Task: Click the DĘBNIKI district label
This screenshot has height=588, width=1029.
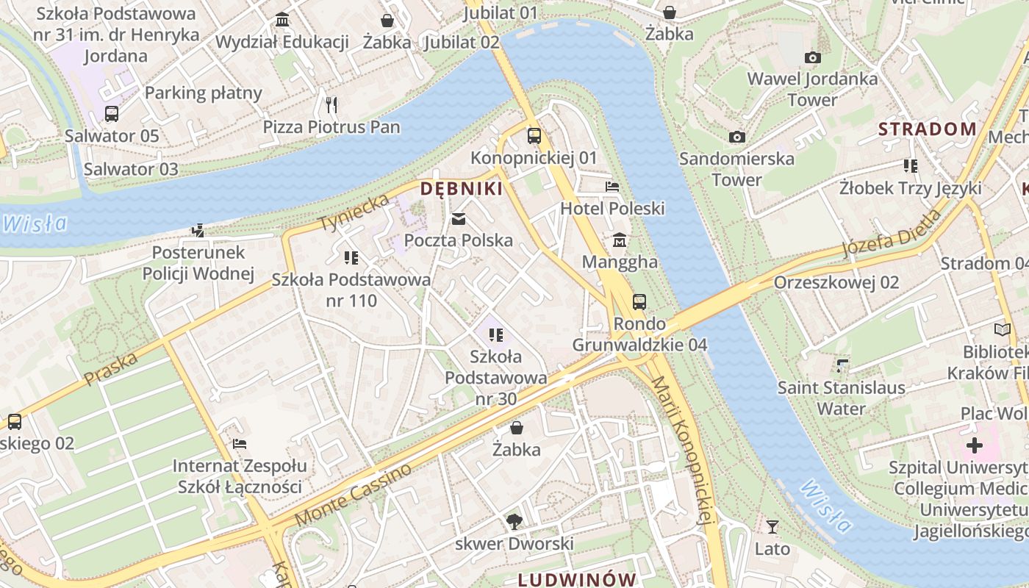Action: point(461,189)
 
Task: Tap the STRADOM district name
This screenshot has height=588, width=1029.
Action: point(928,129)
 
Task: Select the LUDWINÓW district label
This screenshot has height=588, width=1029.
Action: point(576,579)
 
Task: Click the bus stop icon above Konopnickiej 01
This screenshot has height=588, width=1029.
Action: point(534,136)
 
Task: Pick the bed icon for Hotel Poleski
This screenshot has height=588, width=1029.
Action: point(612,187)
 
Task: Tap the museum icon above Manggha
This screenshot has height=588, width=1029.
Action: point(620,240)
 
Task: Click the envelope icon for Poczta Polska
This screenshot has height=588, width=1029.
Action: point(459,219)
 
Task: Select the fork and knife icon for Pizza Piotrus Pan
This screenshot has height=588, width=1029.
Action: point(331,105)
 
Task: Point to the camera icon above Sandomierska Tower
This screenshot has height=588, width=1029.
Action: point(736,137)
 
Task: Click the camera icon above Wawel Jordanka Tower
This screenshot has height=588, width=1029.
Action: point(812,57)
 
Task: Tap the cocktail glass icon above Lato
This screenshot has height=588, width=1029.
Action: point(772,526)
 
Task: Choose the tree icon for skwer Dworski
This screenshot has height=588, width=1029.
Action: point(514,522)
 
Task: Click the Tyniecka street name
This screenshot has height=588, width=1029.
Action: point(354,212)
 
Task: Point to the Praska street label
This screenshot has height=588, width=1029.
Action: point(111,369)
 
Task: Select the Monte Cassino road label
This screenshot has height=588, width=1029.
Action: point(354,494)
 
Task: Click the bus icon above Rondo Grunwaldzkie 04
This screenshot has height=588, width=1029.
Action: point(639,301)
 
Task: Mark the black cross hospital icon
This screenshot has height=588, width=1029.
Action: point(974,445)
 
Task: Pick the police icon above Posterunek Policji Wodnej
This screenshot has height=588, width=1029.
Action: point(197,231)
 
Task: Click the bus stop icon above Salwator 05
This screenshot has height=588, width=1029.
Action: point(112,114)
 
